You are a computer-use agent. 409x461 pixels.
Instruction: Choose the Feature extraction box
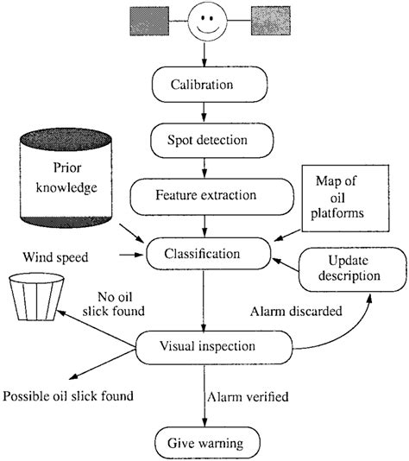click(x=204, y=194)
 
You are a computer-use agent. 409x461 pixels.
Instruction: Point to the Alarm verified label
click(x=249, y=397)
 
